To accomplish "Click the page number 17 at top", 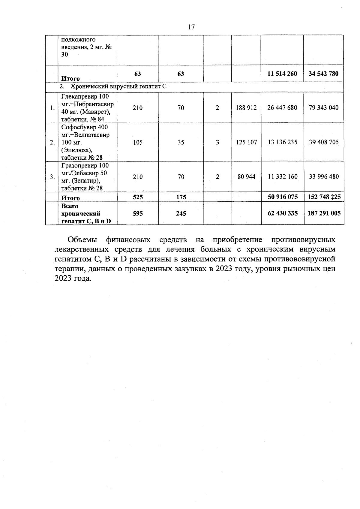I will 191,27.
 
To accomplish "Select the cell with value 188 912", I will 246,108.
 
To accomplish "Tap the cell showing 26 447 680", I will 282,108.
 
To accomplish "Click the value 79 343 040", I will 324,108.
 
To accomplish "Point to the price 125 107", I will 246,142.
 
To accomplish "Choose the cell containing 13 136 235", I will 282,142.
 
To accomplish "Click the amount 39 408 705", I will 324,142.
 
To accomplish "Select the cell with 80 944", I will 246,177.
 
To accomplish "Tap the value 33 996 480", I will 324,177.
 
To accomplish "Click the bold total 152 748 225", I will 324,197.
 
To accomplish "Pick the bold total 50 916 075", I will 282,197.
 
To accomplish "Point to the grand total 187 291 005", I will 324,213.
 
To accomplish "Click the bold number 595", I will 138,213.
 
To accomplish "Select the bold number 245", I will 181,213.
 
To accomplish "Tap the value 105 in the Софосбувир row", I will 138,142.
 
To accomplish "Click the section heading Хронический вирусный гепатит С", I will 118,87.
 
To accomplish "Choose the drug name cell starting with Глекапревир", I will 87,108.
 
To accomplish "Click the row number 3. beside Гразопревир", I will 52,177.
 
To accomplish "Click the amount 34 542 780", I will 323,74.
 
